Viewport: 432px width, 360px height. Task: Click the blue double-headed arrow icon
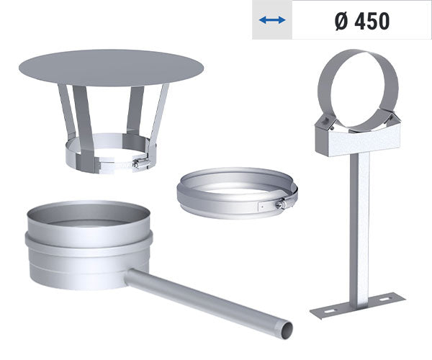tap(272, 21)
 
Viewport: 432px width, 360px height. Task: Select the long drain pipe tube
tap(209, 299)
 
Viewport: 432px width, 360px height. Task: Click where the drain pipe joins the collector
tap(132, 275)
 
